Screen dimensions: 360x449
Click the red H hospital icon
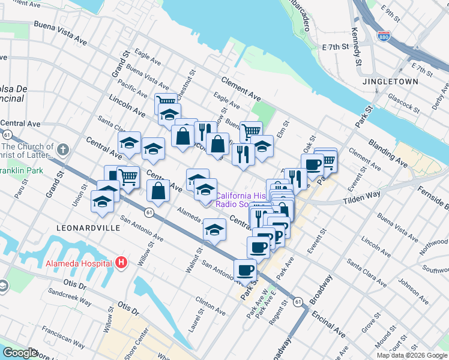[x=121, y=263]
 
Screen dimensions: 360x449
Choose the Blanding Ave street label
[x=406, y=155]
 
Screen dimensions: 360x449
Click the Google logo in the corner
[x=20, y=353]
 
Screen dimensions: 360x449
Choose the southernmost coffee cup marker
[x=244, y=270]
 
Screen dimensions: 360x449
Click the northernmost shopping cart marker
[x=166, y=101]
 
